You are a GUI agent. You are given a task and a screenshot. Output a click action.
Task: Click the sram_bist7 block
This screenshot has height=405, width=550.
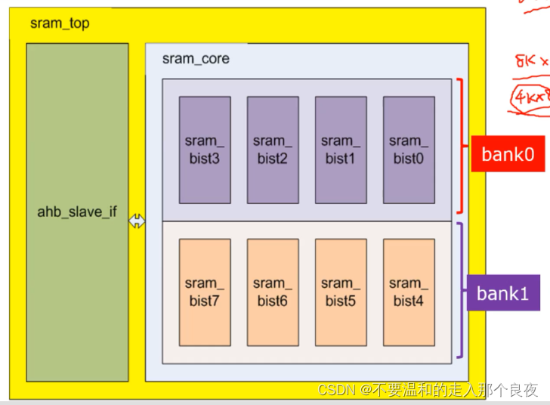204,292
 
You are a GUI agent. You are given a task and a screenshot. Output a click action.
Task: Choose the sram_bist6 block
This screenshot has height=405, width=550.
272,292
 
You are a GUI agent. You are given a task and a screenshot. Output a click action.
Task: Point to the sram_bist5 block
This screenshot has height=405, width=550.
340,292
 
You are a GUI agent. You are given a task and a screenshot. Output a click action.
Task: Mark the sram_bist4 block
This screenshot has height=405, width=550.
408,292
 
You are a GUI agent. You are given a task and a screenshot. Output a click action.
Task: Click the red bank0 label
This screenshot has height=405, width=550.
508,154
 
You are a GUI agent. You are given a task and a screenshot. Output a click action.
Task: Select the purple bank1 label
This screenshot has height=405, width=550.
502,292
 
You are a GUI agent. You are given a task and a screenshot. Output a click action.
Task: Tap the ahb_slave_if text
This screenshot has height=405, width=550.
77,212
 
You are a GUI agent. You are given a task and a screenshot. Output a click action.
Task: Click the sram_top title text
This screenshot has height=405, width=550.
60,23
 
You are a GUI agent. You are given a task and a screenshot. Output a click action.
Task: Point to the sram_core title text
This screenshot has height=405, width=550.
196,59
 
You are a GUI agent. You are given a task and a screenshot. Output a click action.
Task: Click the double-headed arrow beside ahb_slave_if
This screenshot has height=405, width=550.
137,221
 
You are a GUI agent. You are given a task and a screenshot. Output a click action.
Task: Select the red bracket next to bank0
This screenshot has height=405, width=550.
459,145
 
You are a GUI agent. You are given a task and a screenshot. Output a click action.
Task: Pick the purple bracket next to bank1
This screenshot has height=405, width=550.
459,289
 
